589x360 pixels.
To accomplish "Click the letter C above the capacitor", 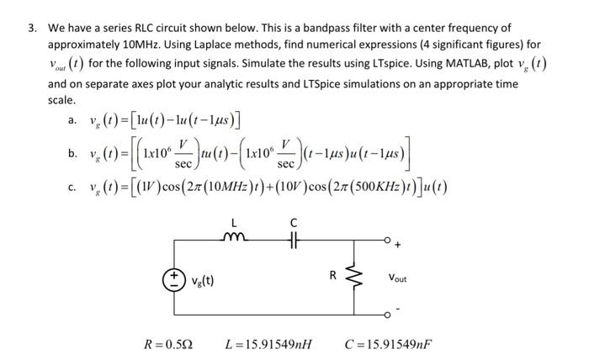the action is point(293,223).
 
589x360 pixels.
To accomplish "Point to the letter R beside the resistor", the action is point(334,274).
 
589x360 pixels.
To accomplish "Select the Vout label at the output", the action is point(398,278).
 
